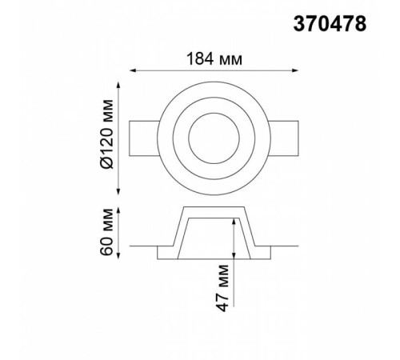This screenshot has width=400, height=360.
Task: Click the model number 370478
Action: tap(330, 24)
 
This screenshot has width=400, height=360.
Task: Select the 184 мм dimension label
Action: tap(214, 59)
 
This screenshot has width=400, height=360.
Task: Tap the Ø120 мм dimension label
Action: tap(107, 134)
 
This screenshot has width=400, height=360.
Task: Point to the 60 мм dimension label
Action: tap(107, 232)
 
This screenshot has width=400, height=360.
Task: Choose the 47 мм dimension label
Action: tap(222, 288)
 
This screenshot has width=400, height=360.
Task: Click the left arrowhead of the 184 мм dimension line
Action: tap(133, 70)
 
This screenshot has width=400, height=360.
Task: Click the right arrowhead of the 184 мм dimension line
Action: tap(294, 70)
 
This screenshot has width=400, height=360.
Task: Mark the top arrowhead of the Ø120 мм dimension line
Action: tap(118, 86)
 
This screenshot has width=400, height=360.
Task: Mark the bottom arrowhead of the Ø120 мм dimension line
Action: tap(118, 191)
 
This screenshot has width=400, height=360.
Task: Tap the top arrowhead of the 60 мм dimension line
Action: tap(118, 210)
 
